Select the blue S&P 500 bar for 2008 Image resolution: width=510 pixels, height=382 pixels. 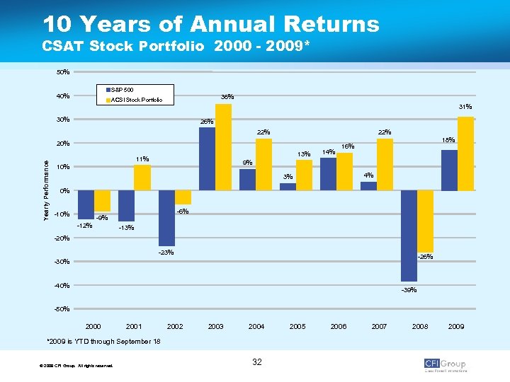point(409,236)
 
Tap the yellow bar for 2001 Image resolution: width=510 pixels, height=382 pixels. point(142,178)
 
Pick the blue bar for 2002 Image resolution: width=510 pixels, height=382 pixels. point(166,218)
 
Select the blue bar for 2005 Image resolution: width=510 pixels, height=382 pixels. point(288,187)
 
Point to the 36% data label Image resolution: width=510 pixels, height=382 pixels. point(227,97)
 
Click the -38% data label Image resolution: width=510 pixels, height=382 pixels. point(409,290)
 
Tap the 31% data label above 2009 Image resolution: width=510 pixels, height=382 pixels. point(465,107)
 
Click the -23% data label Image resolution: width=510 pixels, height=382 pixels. point(166,253)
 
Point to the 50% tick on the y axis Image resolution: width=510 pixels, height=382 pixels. point(62,72)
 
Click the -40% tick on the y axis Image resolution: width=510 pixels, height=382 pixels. point(62,286)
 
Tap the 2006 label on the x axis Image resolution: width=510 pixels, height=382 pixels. point(339,327)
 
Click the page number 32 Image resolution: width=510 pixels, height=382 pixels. point(256,362)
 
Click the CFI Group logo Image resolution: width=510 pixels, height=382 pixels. point(445,364)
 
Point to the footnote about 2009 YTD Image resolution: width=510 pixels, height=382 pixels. point(103,342)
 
